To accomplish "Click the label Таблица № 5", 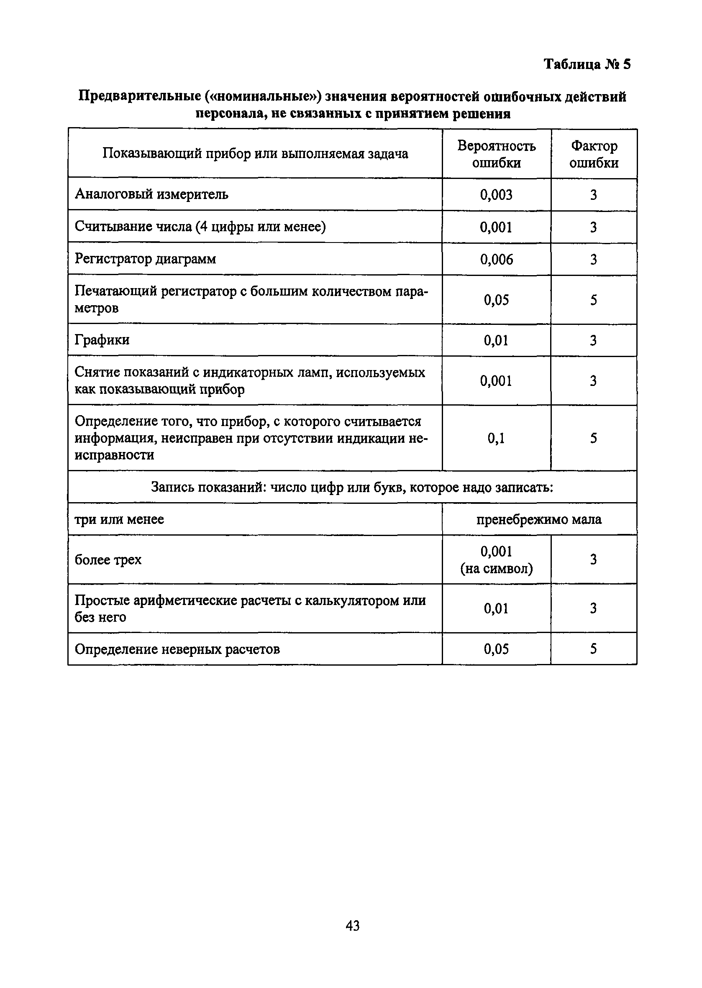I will (x=587, y=64).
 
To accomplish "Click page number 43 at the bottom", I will (x=352, y=925).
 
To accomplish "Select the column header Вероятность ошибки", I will (x=496, y=154).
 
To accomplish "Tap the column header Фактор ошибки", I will (x=594, y=154).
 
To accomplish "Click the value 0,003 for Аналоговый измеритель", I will (x=496, y=195).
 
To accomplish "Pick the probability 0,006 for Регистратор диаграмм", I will (x=496, y=259).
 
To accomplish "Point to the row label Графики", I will (x=102, y=340).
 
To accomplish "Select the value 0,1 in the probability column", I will (x=496, y=439).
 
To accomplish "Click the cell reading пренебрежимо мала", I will (x=538, y=519).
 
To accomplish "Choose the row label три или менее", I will (x=119, y=519).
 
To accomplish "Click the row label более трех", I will (x=108, y=560).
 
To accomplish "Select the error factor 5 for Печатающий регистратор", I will (x=594, y=300).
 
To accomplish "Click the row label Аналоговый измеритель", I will (x=151, y=194).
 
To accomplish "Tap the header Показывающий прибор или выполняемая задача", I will (x=255, y=154).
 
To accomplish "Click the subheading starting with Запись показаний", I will (x=352, y=487).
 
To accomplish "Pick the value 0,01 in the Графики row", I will (x=496, y=340).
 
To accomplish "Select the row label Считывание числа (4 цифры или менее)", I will (x=200, y=227).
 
